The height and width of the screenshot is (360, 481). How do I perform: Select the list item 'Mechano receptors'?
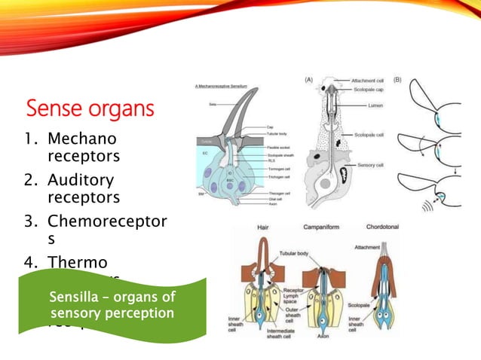pos(82,148)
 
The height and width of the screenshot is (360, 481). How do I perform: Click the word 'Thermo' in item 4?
pos(78,263)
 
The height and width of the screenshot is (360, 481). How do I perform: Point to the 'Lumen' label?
pos(372,107)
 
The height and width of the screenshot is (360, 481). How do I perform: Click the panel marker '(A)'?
pos(310,78)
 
